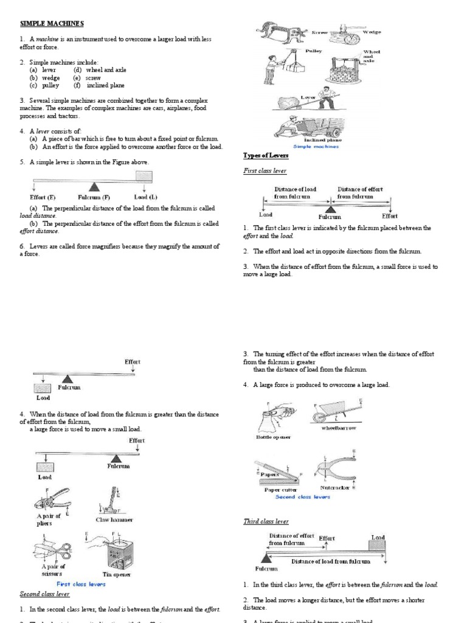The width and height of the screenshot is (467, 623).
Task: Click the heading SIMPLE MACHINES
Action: click(x=44, y=23)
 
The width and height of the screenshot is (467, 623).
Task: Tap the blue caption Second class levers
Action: click(x=302, y=496)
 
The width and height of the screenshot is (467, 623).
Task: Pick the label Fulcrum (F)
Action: click(x=94, y=197)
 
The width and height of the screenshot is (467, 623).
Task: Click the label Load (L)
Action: click(x=145, y=197)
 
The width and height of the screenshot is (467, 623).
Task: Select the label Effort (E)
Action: click(x=43, y=197)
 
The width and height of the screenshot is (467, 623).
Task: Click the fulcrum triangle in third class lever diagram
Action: click(x=266, y=558)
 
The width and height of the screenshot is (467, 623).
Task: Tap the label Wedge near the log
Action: click(x=372, y=31)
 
